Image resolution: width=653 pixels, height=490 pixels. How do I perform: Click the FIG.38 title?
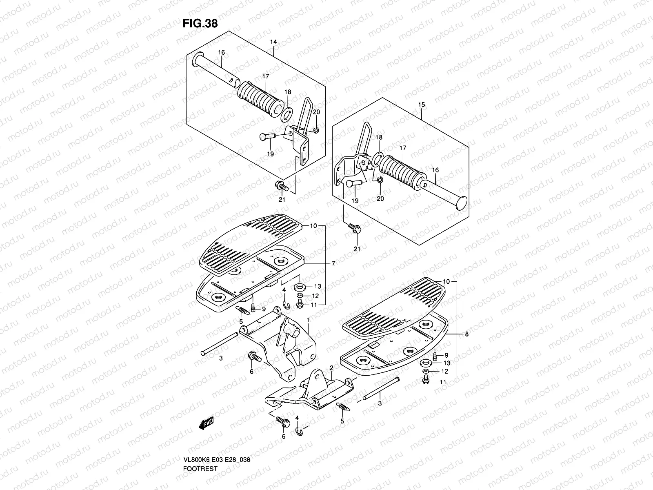[200, 24]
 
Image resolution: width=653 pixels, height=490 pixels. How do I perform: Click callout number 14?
[273, 42]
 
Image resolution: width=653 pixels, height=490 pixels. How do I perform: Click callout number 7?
[333, 264]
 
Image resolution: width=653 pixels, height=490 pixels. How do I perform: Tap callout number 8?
[467, 334]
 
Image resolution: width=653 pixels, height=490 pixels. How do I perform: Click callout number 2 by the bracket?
[331, 368]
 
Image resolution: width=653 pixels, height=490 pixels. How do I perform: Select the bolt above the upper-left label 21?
[282, 187]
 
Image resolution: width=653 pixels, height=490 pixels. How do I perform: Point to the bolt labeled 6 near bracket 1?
[254, 357]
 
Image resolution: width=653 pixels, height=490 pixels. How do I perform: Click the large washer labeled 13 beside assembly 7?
[301, 286]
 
